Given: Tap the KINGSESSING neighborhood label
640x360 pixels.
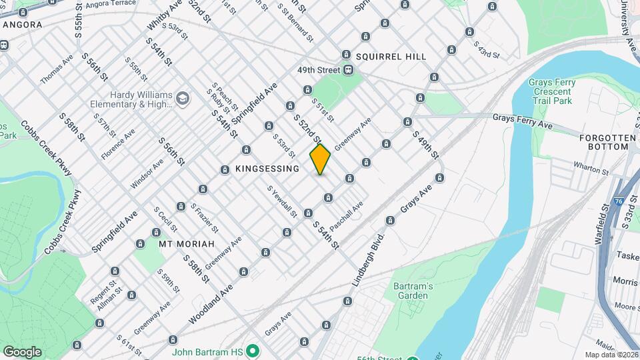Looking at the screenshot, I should pyautogui.click(x=267, y=169).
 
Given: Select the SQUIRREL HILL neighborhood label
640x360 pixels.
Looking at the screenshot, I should pyautogui.click(x=391, y=57).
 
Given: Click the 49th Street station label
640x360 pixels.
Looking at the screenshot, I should pyautogui.click(x=319, y=70).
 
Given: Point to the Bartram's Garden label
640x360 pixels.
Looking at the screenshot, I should pyautogui.click(x=412, y=291).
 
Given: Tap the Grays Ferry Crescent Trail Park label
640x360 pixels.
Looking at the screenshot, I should pyautogui.click(x=551, y=91).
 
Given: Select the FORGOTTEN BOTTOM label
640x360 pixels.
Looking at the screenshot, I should pyautogui.click(x=607, y=142).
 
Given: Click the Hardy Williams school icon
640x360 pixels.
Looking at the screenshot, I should pyautogui.click(x=182, y=99).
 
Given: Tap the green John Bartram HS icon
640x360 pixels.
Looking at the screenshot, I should pyautogui.click(x=252, y=351).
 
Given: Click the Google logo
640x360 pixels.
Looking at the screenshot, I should pyautogui.click(x=22, y=352).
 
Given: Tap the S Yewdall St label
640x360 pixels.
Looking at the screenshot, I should pyautogui.click(x=282, y=201).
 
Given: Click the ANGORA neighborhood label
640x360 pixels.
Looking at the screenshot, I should pyautogui.click(x=23, y=25).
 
